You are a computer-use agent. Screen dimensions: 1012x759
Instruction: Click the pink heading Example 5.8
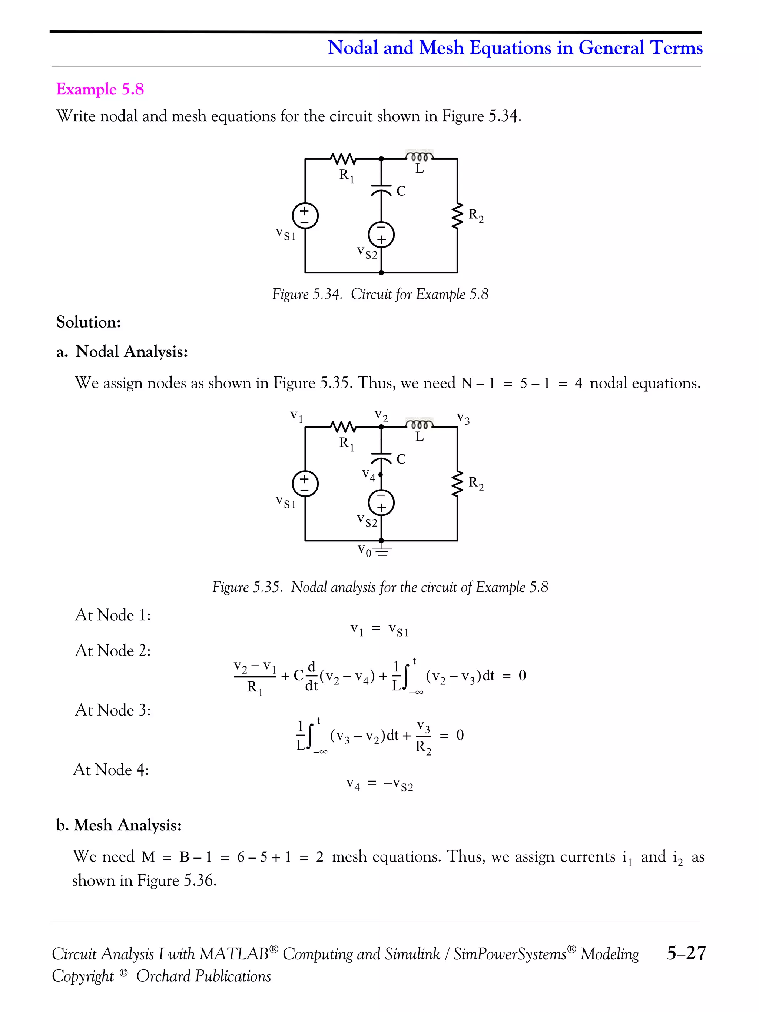100,89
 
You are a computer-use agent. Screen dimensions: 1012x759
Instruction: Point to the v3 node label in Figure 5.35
463,418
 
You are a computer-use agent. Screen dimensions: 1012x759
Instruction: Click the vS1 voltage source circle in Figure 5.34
305,216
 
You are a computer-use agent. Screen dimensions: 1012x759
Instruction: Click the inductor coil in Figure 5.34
419,157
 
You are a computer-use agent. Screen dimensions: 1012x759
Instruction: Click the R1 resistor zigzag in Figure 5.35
343,427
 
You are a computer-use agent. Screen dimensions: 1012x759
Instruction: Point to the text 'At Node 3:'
113,710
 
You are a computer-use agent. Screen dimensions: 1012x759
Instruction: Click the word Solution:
88,322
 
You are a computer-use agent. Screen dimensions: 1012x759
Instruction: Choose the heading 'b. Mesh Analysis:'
119,825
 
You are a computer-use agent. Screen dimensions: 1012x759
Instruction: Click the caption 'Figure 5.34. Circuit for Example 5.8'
380,294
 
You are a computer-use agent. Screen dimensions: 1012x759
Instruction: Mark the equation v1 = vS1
379,630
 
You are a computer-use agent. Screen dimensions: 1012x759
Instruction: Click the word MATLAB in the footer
234,954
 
